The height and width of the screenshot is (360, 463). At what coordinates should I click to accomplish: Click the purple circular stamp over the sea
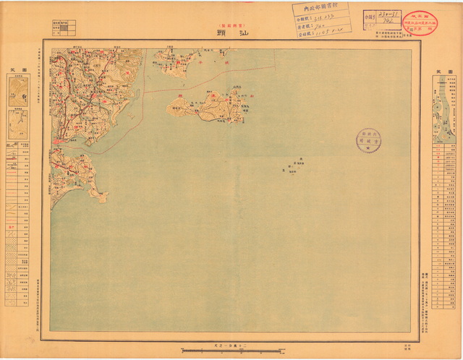pos(368,140)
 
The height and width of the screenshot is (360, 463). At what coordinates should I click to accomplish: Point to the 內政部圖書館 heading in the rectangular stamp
pos(320,9)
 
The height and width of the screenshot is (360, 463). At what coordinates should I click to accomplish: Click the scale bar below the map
pos(231,351)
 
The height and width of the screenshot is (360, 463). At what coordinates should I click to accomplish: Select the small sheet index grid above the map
pos(65,28)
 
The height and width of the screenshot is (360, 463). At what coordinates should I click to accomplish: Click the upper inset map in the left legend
pos(18,91)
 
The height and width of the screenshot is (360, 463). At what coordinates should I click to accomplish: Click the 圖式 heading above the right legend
pos(444,70)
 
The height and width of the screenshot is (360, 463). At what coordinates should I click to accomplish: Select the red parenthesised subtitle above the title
pos(231,22)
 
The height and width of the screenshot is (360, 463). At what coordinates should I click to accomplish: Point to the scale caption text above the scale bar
pos(231,343)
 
